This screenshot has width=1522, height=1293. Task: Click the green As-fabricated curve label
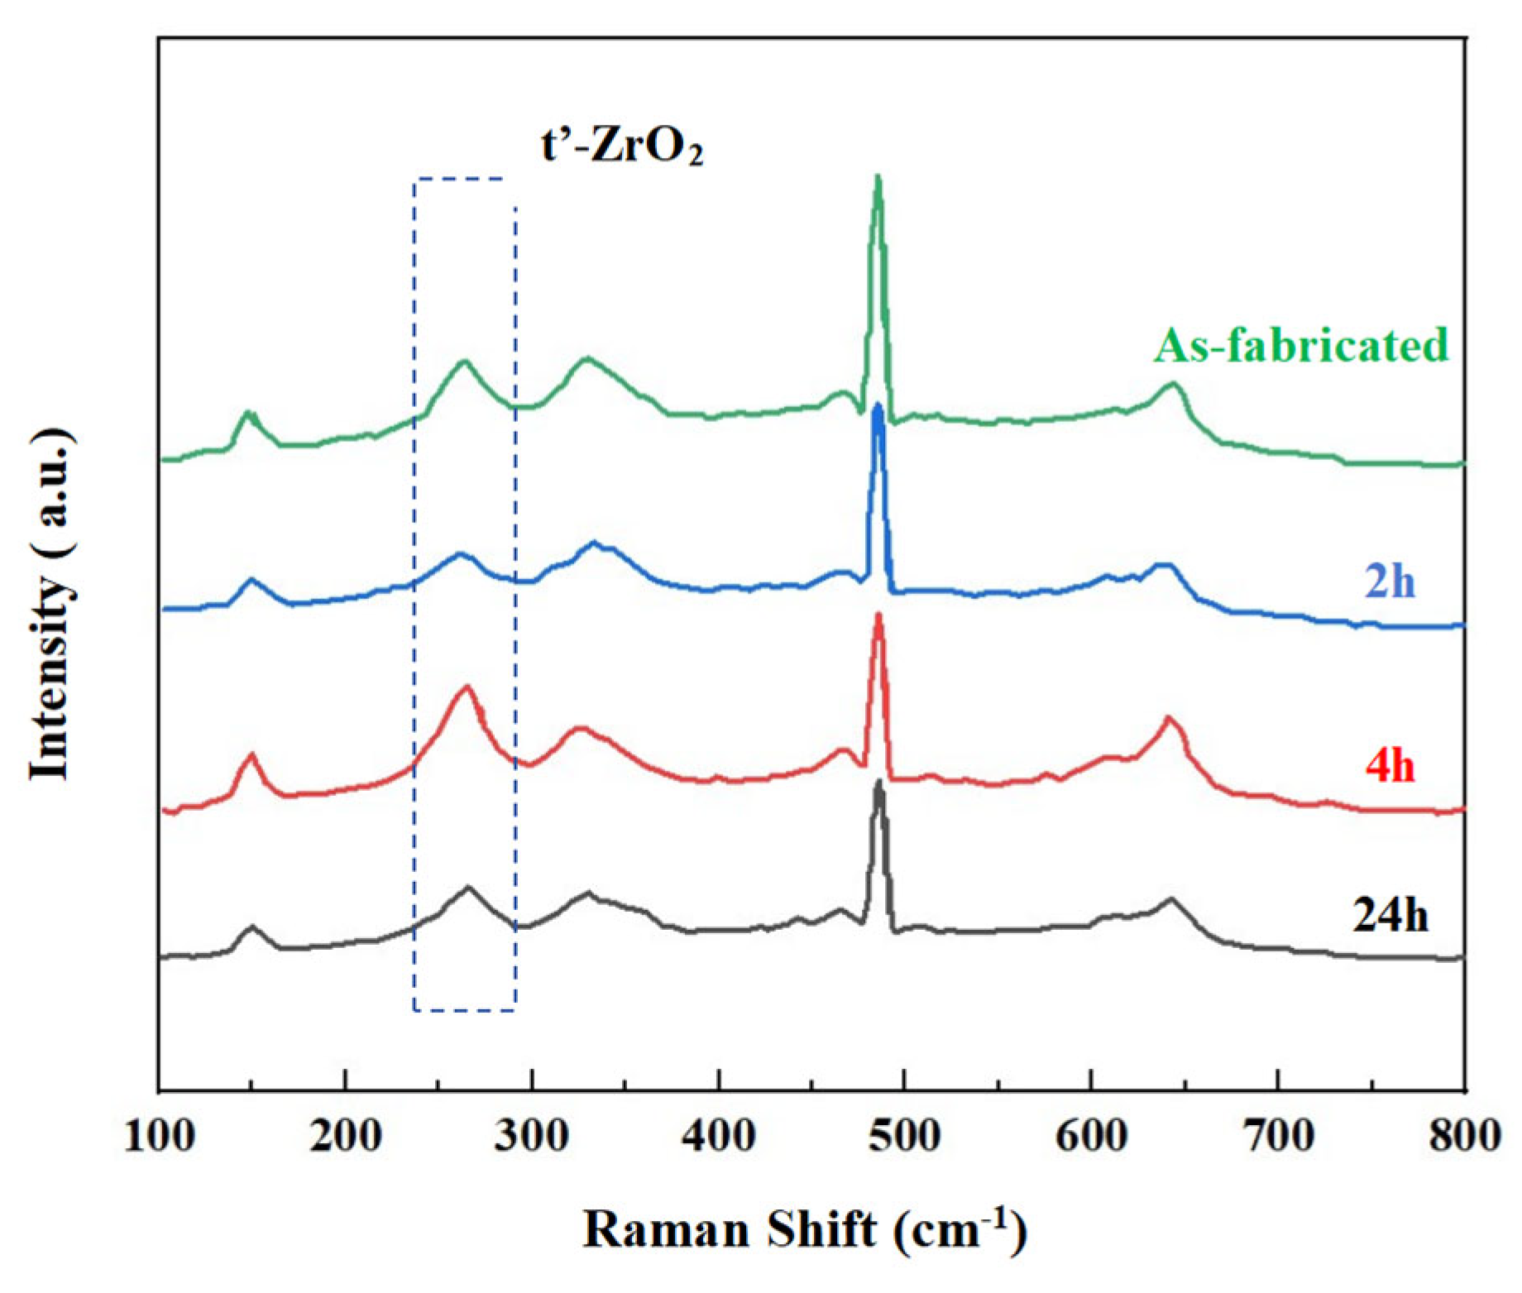[x=1301, y=346]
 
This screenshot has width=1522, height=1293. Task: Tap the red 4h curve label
[x=1390, y=767]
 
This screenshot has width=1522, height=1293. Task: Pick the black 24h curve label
[x=1390, y=917]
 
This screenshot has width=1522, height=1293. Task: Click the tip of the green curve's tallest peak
[x=878, y=176]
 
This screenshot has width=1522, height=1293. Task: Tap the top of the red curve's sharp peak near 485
[x=878, y=615]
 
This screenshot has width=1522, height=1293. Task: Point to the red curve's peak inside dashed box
[x=467, y=686]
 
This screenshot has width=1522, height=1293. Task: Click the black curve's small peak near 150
[x=251, y=927]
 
